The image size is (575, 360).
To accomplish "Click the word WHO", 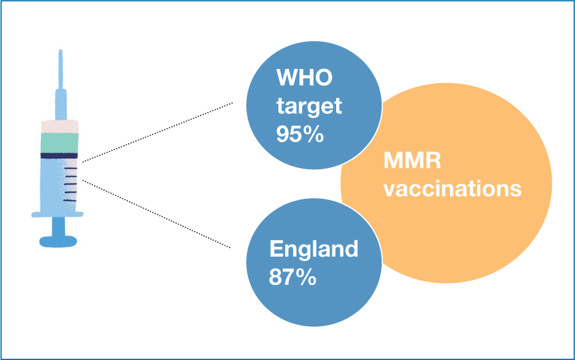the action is (304, 78).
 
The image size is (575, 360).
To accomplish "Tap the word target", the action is (309, 106).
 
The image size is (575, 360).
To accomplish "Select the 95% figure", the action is (300, 134).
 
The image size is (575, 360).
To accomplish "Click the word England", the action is (314, 250).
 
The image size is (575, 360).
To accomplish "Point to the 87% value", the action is (292, 277).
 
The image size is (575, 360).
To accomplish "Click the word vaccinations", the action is (452, 189).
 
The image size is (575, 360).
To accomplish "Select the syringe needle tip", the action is (60, 50).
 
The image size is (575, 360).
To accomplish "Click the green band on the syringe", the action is (59, 143).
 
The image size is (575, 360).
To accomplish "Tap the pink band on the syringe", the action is (60, 127).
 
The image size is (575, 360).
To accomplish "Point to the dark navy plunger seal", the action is (59, 156).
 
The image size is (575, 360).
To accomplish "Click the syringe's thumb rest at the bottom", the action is (58, 242).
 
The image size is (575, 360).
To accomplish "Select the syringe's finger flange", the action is (57, 214).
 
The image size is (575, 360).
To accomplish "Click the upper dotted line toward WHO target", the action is (158, 132).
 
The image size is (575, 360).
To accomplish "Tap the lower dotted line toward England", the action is (156, 214).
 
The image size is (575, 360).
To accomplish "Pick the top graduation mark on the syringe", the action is (70, 168).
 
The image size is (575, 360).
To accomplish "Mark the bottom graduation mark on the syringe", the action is (70, 201).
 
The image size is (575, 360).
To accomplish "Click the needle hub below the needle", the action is (61, 105).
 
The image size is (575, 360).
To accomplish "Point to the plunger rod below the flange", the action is (58, 226).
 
